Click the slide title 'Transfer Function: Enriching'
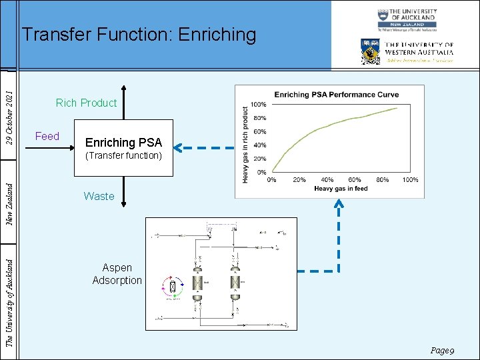(x=139, y=35)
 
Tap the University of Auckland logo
(x=406, y=20)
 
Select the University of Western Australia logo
(x=407, y=51)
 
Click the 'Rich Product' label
(x=86, y=103)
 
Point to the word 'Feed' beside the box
(x=47, y=136)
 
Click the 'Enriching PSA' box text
(x=123, y=143)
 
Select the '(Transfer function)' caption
(x=123, y=156)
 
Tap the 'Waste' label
(x=99, y=196)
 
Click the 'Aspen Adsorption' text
(x=117, y=274)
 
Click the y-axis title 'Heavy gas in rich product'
(x=246, y=145)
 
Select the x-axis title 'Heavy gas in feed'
(x=341, y=189)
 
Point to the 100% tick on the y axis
(x=258, y=105)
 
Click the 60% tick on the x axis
(x=355, y=180)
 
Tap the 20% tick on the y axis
(x=259, y=159)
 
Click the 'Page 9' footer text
(x=442, y=350)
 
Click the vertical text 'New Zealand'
(x=9, y=196)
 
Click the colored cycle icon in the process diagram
(x=173, y=287)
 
